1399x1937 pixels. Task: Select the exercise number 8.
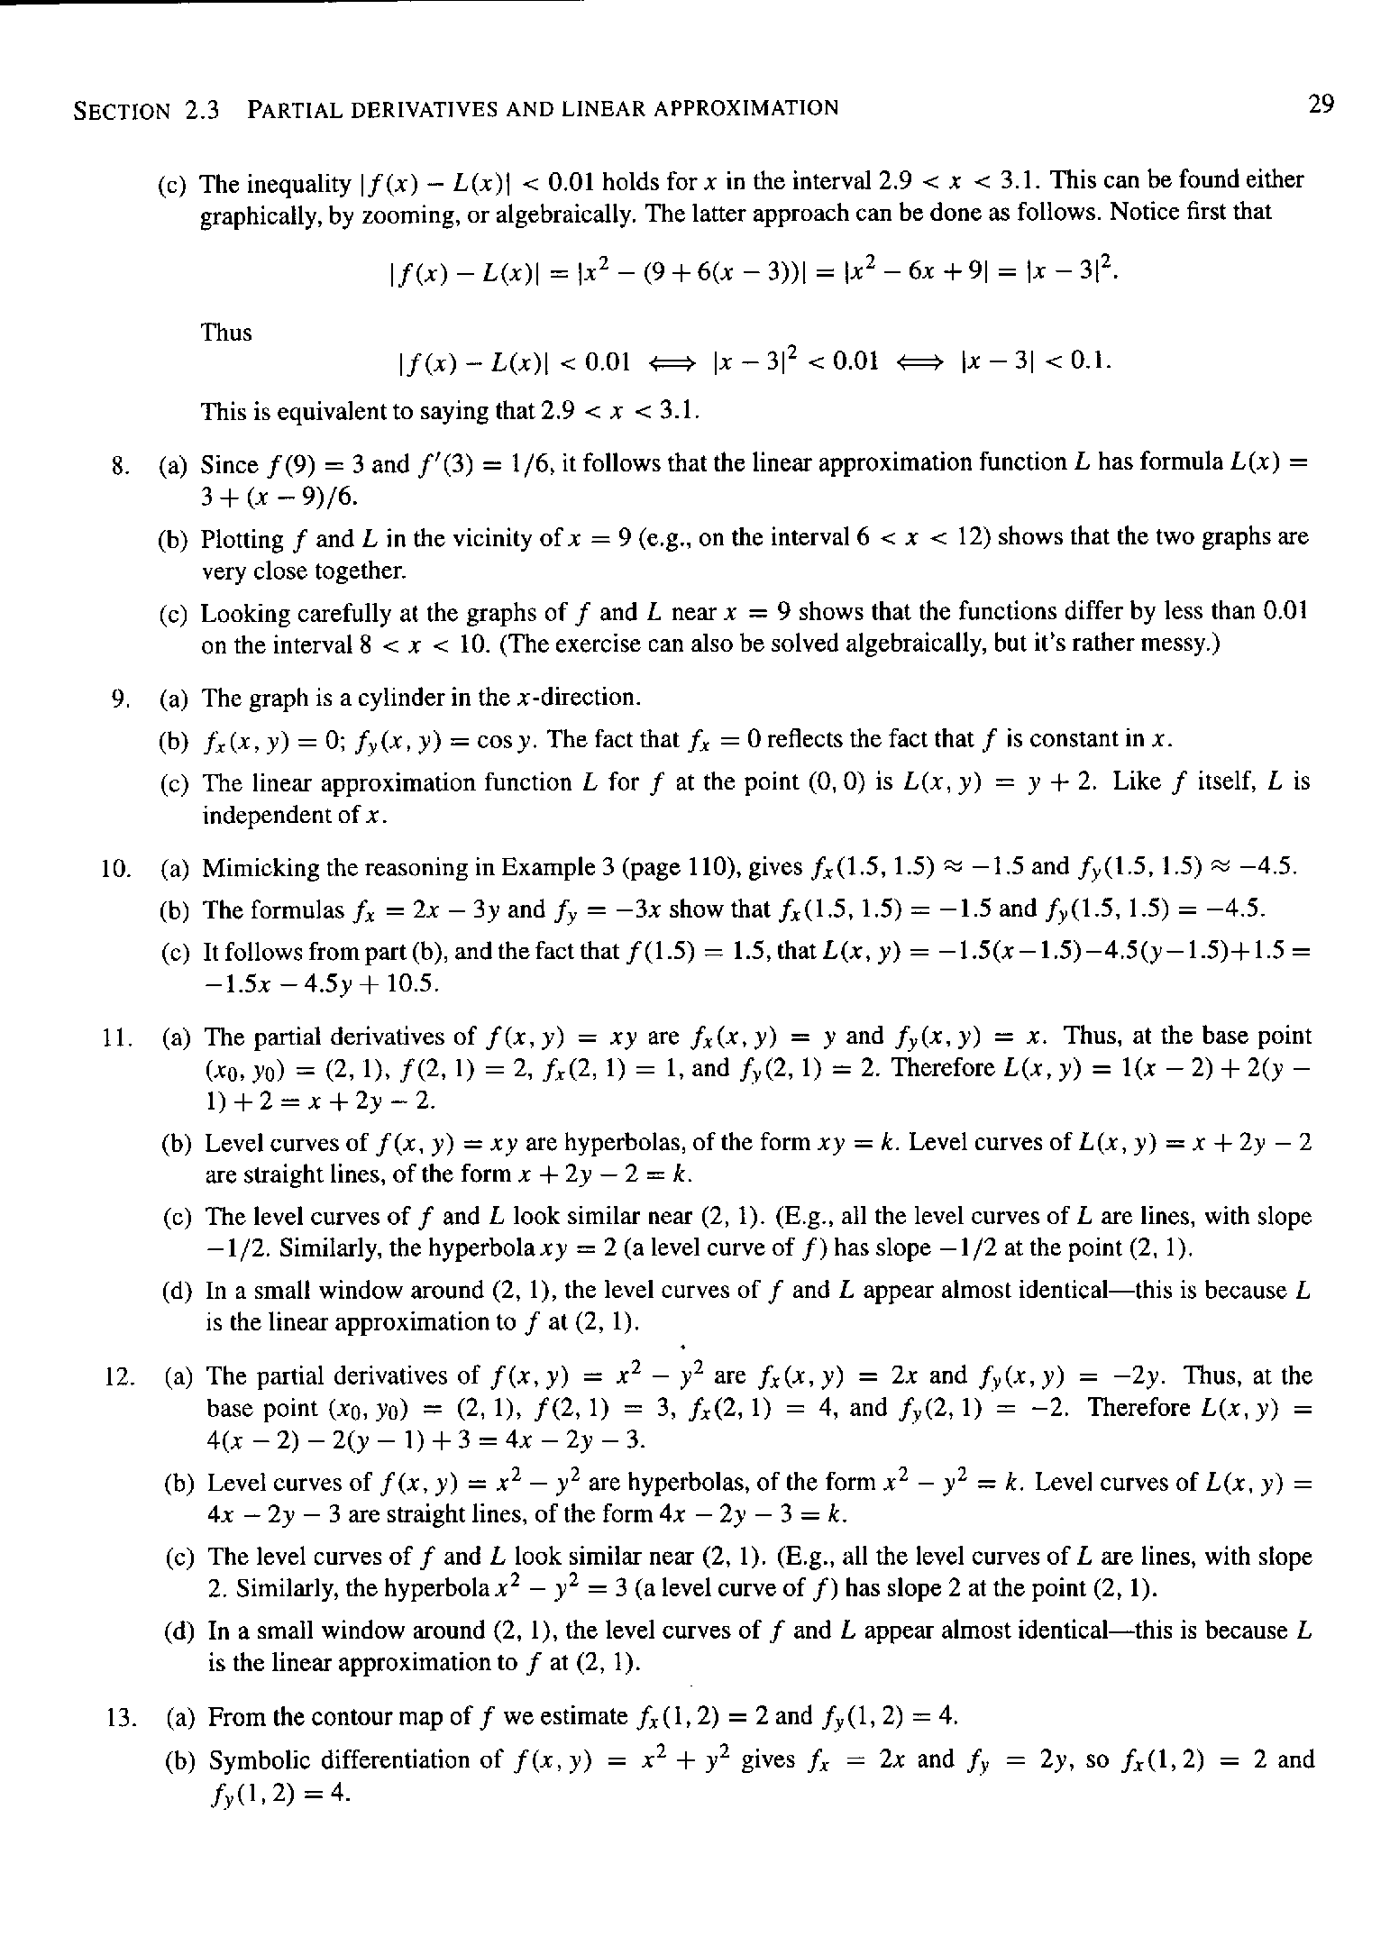click(123, 466)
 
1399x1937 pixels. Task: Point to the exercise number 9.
click(123, 699)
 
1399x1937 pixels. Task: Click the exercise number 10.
click(117, 869)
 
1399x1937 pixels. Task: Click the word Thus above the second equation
click(226, 333)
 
